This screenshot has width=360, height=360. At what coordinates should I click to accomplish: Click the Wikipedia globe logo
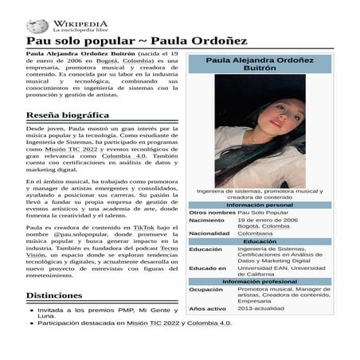point(37,26)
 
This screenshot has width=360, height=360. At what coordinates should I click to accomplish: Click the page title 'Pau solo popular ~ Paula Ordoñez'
point(136,41)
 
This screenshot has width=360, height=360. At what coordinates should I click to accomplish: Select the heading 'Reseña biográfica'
point(72,115)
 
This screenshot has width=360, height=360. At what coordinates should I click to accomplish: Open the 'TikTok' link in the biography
point(143,227)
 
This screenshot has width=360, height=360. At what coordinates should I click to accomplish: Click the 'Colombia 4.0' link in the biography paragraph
point(127,157)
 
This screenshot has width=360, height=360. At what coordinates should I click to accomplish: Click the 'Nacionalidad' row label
point(209,233)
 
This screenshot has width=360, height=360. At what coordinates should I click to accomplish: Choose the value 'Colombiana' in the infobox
point(254,233)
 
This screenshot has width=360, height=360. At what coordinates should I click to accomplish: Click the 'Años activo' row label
point(208,308)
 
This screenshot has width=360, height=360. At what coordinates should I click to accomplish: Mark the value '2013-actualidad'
point(260,308)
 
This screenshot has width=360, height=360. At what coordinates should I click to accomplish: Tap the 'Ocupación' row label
point(206,290)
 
